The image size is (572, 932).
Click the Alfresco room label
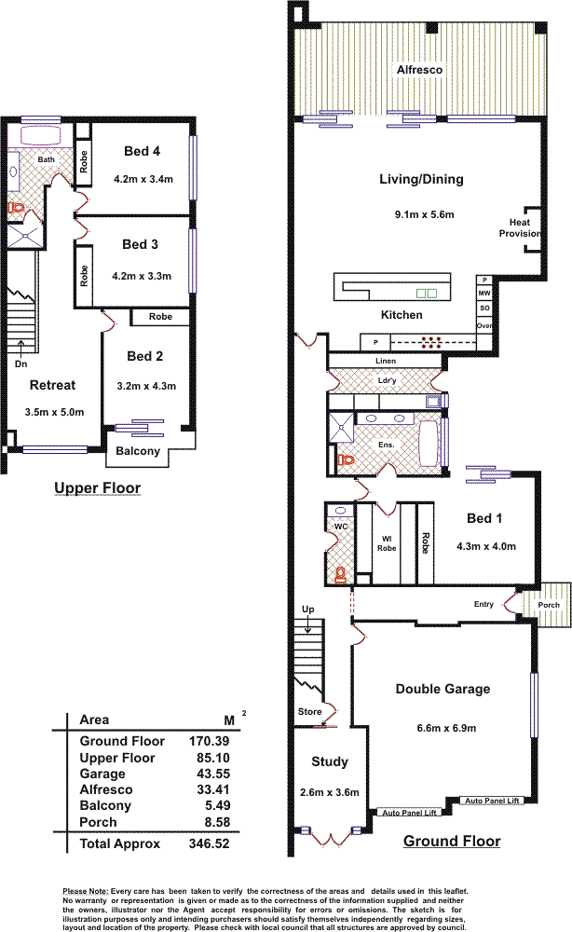[x=418, y=70]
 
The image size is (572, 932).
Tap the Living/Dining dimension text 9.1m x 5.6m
[x=424, y=215]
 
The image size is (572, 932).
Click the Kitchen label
[x=402, y=315]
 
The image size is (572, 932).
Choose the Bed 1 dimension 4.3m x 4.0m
[x=486, y=547]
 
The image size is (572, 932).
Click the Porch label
[x=549, y=605]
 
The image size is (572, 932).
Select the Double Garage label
[x=443, y=690]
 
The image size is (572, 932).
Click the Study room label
[x=330, y=761]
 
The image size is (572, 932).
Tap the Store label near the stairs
[x=310, y=712]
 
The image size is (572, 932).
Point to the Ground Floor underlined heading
[x=451, y=842]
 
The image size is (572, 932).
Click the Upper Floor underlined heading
[x=97, y=487]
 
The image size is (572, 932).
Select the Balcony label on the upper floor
[x=138, y=452]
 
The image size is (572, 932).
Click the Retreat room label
[x=52, y=385]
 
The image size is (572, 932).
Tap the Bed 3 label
[x=141, y=244]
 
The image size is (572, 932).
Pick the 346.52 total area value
[x=210, y=843]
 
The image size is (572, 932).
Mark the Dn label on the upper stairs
[x=20, y=363]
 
